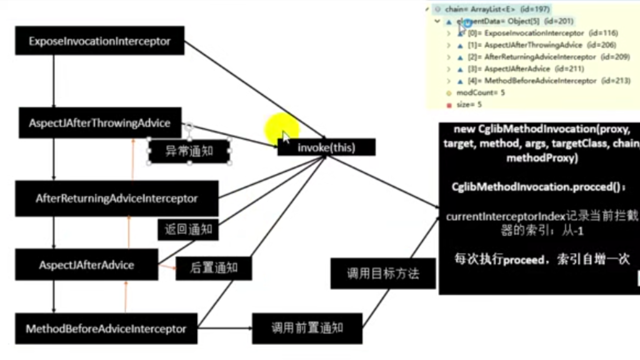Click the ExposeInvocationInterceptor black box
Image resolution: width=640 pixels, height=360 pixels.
pyautogui.click(x=99, y=41)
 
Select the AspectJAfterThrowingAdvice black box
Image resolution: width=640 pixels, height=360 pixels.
pyautogui.click(x=100, y=123)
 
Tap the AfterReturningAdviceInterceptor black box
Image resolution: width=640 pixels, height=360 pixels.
pyautogui.click(x=116, y=198)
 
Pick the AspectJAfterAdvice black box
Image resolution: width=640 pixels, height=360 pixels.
pyautogui.click(x=86, y=265)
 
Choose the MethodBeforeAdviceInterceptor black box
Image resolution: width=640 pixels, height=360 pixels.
pyautogui.click(x=106, y=328)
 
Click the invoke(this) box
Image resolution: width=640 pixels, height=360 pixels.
pyautogui.click(x=326, y=147)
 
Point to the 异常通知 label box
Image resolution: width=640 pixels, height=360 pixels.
pyautogui.click(x=189, y=152)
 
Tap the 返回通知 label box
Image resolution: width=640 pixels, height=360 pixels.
pyautogui.click(x=188, y=229)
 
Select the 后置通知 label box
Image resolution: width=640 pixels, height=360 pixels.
pyautogui.click(x=214, y=268)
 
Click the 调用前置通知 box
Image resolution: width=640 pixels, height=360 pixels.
pyautogui.click(x=307, y=328)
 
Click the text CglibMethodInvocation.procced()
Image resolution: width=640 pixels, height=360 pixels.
pyautogui.click(x=538, y=187)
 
